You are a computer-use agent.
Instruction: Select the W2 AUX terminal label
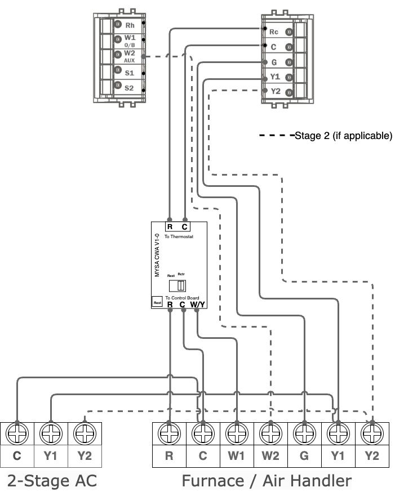tap(130, 56)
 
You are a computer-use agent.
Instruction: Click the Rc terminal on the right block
tap(274, 32)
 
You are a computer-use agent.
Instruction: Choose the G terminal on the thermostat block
tap(274, 62)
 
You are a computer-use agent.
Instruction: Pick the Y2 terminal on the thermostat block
tap(275, 92)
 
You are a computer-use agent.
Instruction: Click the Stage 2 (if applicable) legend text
tap(343, 136)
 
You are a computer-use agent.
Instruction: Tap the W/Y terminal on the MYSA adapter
tap(197, 305)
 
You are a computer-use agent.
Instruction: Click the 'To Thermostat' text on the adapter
tap(179, 238)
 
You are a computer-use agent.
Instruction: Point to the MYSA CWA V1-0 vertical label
tap(158, 256)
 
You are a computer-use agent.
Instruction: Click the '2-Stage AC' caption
tap(51, 481)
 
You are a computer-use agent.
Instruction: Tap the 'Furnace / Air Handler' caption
tap(267, 481)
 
